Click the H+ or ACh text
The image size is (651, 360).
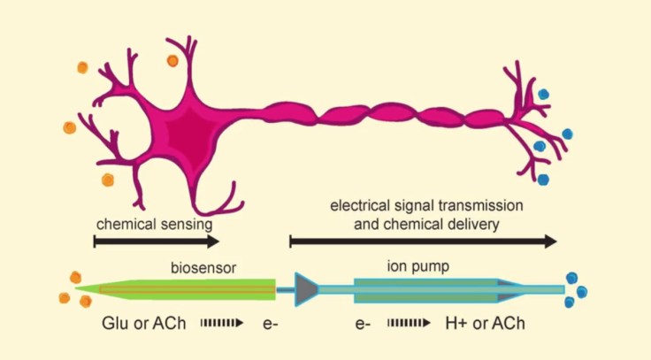point(486,324)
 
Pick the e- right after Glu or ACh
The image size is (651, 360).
point(272,324)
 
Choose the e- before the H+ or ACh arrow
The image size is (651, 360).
point(363,324)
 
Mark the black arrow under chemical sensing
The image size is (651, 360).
point(156,241)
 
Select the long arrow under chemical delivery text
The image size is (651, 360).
point(423,241)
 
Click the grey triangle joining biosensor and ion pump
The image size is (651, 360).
point(306,288)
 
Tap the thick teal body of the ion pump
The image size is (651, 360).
point(425,288)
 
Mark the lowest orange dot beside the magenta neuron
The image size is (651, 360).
point(108,180)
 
